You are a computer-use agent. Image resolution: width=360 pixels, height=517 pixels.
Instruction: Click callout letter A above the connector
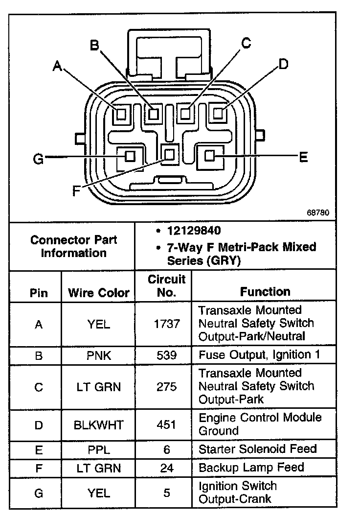58,66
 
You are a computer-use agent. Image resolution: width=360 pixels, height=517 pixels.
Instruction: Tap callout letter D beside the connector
283,64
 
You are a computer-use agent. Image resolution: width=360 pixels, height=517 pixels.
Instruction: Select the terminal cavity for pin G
130,157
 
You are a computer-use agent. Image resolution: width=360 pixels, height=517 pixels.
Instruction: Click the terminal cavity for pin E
210,156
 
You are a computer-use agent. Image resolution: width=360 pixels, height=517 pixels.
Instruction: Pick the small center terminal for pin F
170,155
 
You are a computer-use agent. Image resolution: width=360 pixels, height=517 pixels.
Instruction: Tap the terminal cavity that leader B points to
154,115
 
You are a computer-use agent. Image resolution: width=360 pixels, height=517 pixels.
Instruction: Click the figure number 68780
318,213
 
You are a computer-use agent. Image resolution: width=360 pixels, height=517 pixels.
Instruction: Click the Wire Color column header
99,293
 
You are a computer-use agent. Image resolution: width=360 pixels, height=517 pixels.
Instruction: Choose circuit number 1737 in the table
167,324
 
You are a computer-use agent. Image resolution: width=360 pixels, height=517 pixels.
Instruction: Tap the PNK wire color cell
99,355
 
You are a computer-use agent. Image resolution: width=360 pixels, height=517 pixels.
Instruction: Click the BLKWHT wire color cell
99,425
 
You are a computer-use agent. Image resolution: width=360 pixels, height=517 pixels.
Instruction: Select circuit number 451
167,425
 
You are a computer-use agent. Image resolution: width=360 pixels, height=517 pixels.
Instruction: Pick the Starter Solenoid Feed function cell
257,449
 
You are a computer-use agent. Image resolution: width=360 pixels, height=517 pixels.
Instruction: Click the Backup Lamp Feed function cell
251,468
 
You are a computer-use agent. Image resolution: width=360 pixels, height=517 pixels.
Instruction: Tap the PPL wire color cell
99,449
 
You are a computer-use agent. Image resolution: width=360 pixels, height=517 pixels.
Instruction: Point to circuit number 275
167,387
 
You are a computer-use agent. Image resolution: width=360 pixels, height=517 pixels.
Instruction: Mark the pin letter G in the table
39,493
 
